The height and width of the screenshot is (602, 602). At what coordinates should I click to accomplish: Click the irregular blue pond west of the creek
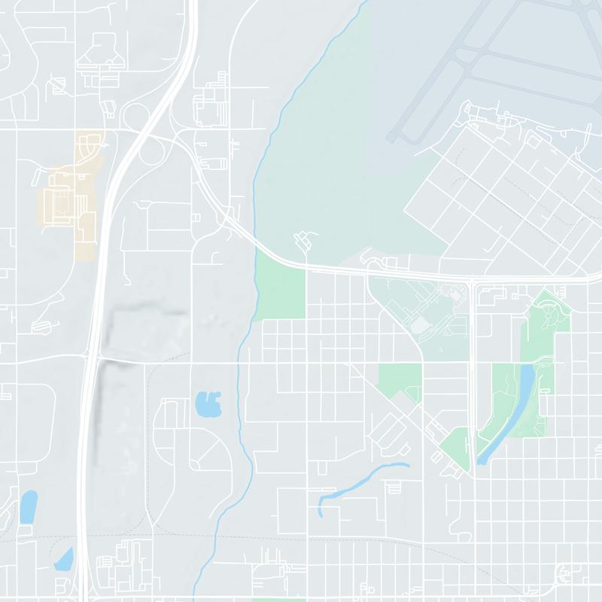[208, 405]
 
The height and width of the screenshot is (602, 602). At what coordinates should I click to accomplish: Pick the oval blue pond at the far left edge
[28, 506]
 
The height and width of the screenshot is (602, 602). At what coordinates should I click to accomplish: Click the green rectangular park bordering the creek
[281, 292]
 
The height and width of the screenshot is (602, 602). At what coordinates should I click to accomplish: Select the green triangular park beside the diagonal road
[455, 448]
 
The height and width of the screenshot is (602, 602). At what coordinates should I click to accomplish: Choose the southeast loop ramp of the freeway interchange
[152, 151]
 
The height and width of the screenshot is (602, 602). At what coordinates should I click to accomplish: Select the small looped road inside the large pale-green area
[303, 241]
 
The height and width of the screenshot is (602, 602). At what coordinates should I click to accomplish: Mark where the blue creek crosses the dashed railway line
[220, 539]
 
